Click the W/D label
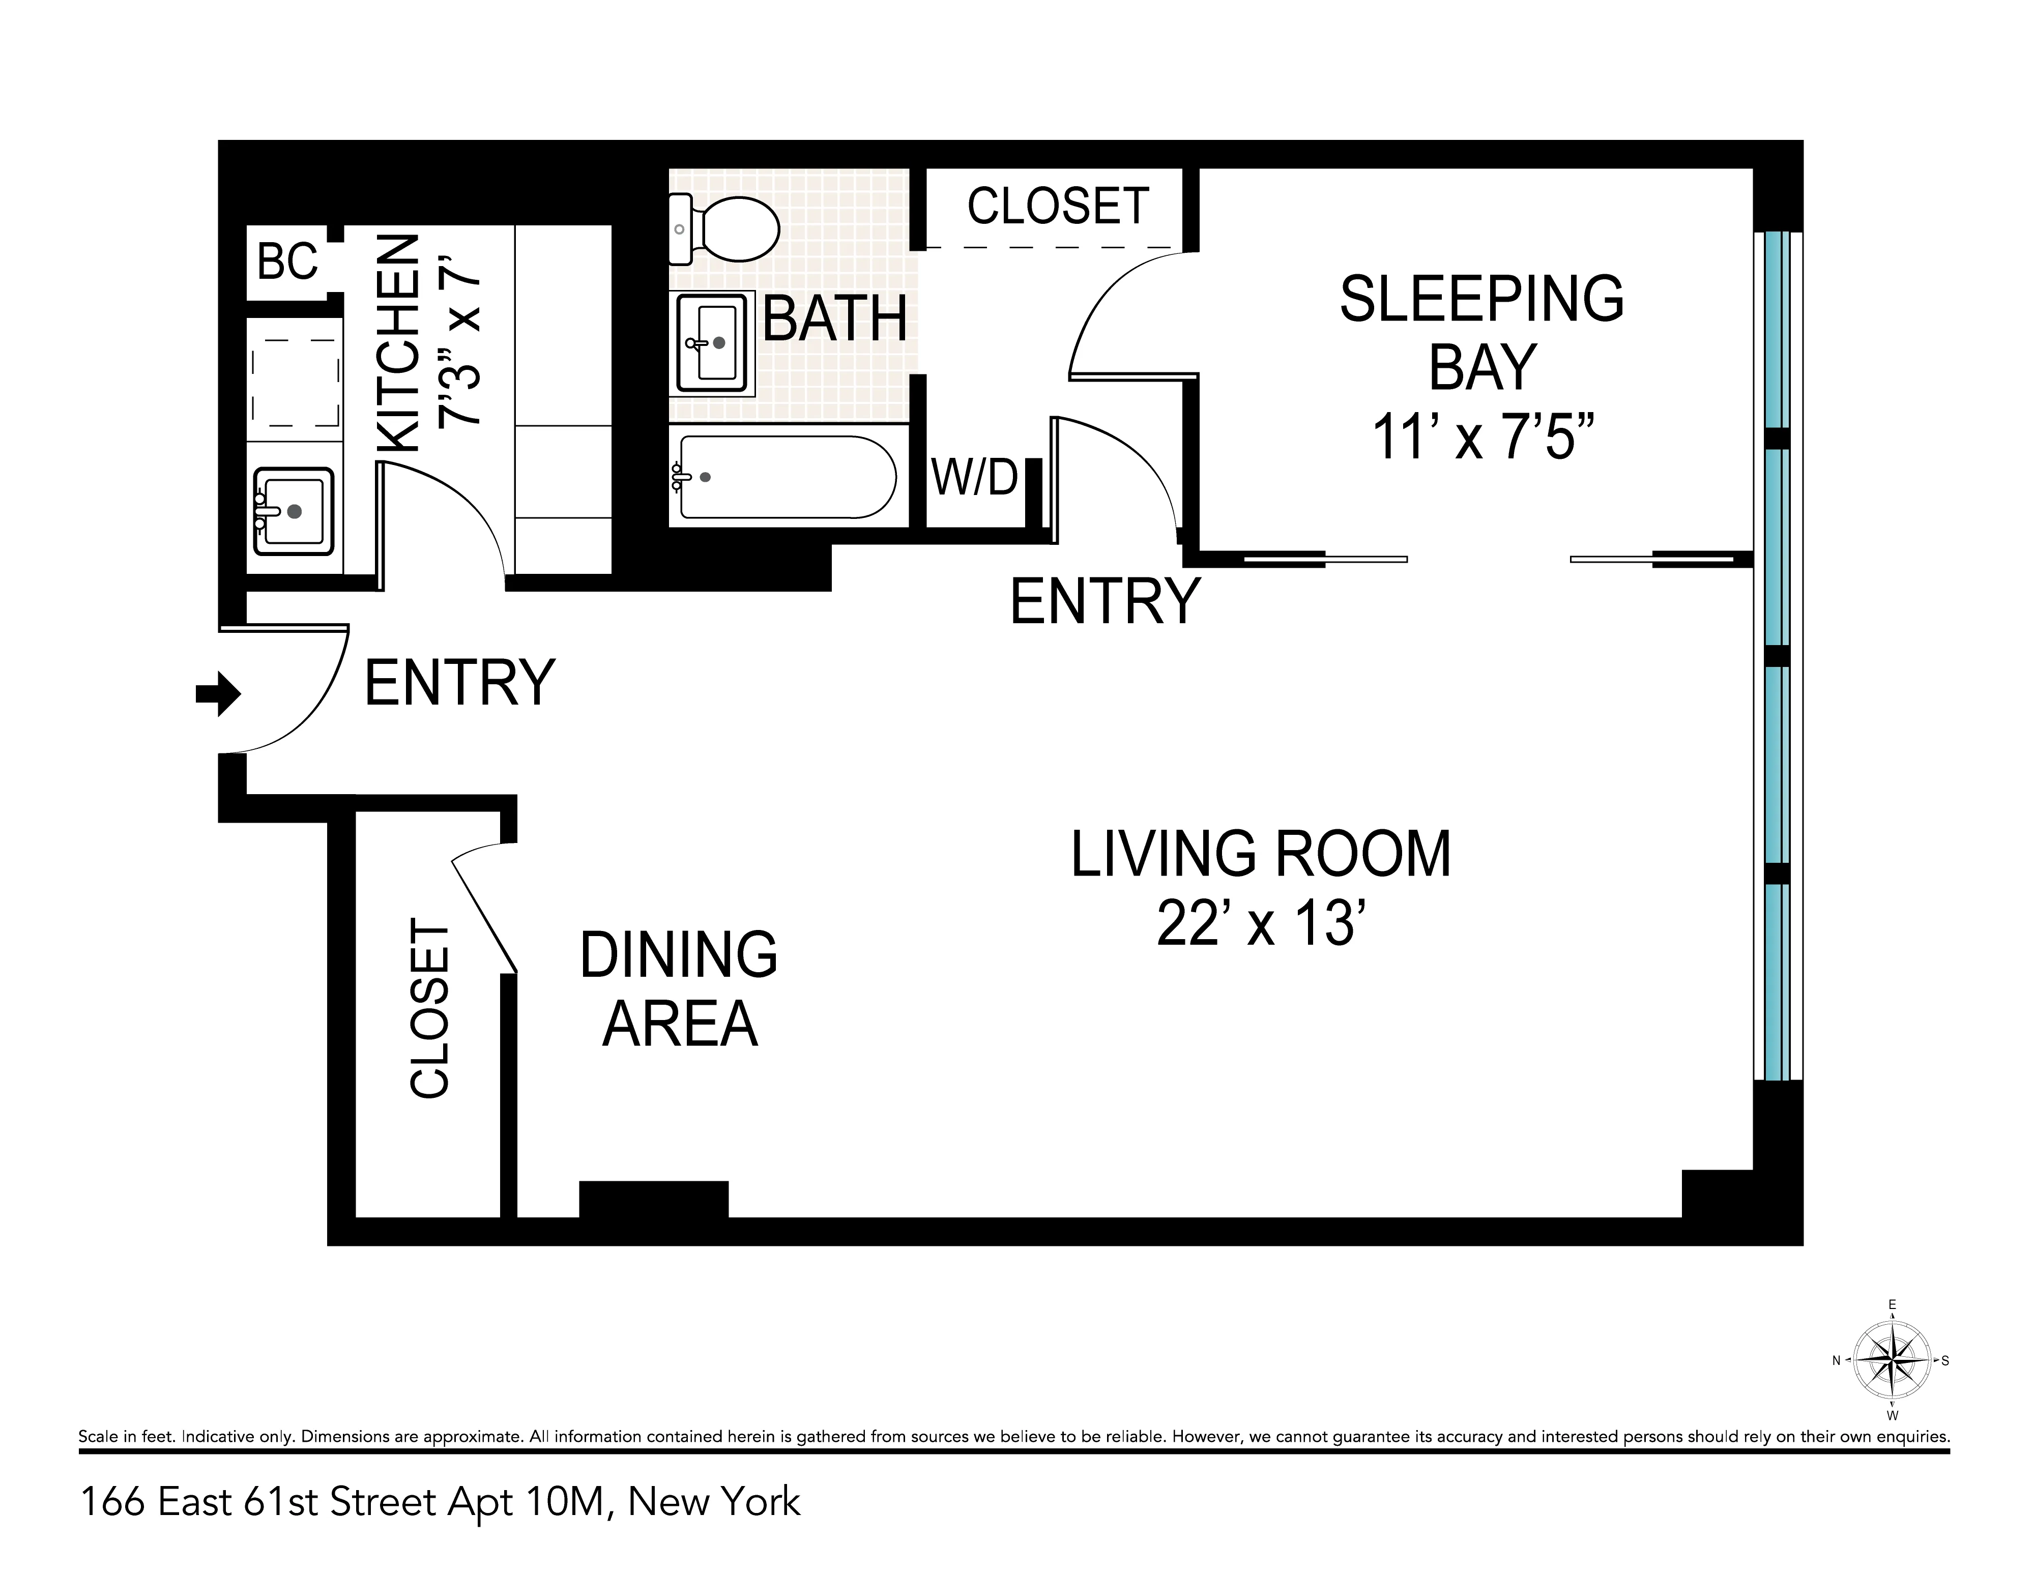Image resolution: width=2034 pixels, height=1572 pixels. coord(974,478)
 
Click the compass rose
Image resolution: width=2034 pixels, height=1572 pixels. coord(1892,1360)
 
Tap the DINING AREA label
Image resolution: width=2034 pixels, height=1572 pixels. coord(679,989)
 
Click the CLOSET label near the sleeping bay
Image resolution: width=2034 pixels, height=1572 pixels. coord(1058,206)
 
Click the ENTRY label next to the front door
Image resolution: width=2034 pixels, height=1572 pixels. coord(459,683)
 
